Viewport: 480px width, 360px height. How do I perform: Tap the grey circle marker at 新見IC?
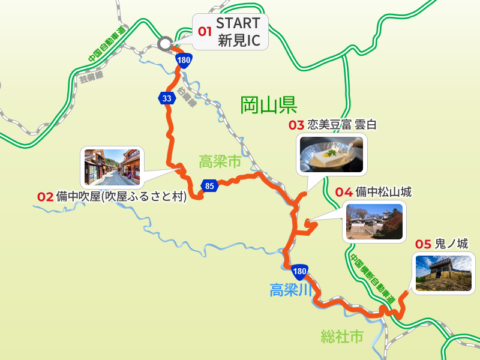pos(164,43)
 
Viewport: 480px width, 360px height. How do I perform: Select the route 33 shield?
pos(166,98)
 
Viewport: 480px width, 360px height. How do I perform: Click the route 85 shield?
pos(209,185)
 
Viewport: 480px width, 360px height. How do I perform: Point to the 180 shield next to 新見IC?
pos(184,60)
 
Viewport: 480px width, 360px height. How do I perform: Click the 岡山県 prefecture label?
pos(269,106)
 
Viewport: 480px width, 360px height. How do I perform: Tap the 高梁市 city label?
pos(220,161)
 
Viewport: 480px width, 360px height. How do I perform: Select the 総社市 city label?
pos(342,336)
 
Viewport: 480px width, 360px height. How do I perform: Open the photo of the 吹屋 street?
pos(112,167)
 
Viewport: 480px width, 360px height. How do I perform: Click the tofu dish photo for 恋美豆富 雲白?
pos(332,154)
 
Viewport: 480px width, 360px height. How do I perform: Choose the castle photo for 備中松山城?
pos(374,221)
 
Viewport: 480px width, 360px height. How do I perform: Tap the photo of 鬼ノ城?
pos(443,273)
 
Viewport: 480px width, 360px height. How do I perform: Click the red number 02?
pos(46,196)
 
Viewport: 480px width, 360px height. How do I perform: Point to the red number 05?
pos(423,244)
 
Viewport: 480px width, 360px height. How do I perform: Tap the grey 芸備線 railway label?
pos(91,76)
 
